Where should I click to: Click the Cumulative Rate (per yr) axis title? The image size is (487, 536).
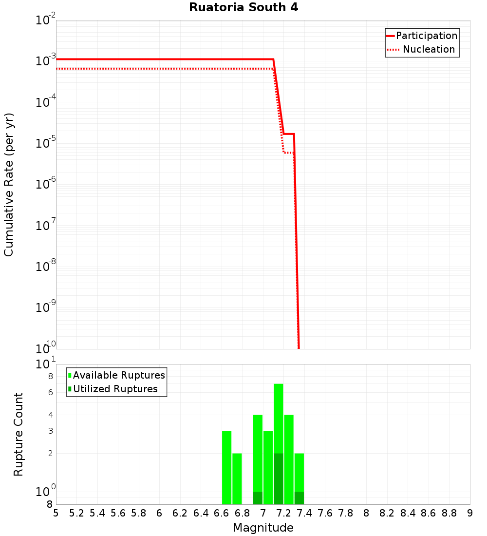tap(9, 185)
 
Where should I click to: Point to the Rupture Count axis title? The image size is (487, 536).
tap(19, 434)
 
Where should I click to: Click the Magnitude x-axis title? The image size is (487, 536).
tap(263, 528)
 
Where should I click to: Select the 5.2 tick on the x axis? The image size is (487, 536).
tap(77, 513)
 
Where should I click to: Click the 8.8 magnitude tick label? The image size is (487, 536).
tap(450, 513)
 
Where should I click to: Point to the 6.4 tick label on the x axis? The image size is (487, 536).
tap(201, 513)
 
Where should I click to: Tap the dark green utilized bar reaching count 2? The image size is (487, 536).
tap(279, 479)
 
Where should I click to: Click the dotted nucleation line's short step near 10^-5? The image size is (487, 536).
tap(288, 153)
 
